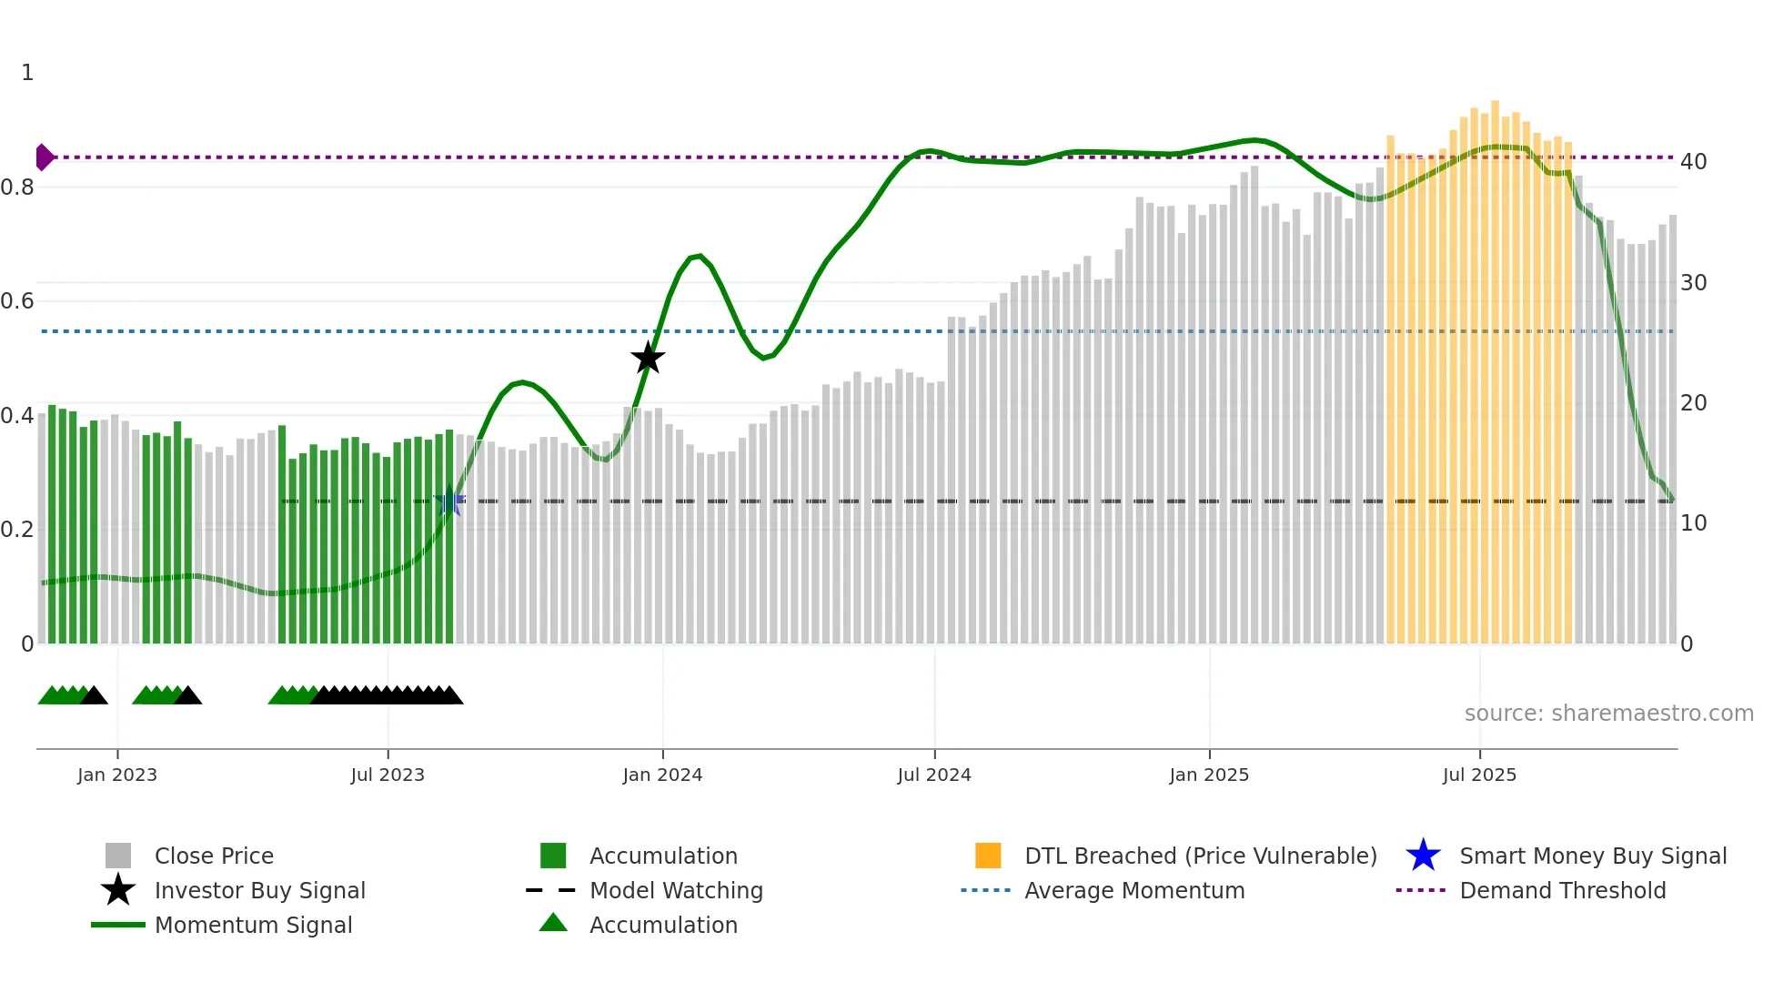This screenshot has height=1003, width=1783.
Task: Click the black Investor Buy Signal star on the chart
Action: pyautogui.click(x=648, y=358)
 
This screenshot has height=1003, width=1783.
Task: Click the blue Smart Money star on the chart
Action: pyautogui.click(x=449, y=501)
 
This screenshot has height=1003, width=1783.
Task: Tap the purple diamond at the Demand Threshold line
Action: pyautogui.click(x=44, y=157)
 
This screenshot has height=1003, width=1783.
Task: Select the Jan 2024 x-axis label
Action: pyautogui.click(x=662, y=775)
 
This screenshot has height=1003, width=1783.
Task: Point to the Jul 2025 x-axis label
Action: pyautogui.click(x=1479, y=775)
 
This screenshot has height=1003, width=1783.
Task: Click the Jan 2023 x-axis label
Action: pyautogui.click(x=117, y=775)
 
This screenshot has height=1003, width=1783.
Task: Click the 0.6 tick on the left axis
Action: pyautogui.click(x=17, y=301)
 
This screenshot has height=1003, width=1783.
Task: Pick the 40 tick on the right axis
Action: pyautogui.click(x=1693, y=162)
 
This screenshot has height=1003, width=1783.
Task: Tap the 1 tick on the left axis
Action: pyautogui.click(x=27, y=73)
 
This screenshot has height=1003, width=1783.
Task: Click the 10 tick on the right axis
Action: pyautogui.click(x=1693, y=523)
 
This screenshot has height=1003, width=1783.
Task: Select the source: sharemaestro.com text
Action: pyautogui.click(x=1608, y=714)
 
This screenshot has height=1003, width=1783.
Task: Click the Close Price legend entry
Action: pyautogui.click(x=214, y=856)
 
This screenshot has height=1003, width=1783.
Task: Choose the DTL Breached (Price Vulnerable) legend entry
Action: pyautogui.click(x=1200, y=856)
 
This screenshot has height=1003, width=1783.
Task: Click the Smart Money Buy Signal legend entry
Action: pyautogui.click(x=1592, y=856)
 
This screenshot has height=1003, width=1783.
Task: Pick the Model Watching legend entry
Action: pyautogui.click(x=675, y=890)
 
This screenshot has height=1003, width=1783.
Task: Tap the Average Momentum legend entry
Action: pyautogui.click(x=1133, y=890)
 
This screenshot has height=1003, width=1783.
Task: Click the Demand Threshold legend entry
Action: pyautogui.click(x=1562, y=890)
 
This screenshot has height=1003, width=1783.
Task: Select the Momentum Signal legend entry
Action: pyautogui.click(x=253, y=925)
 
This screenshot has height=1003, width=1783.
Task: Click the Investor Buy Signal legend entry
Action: pyautogui.click(x=259, y=890)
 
